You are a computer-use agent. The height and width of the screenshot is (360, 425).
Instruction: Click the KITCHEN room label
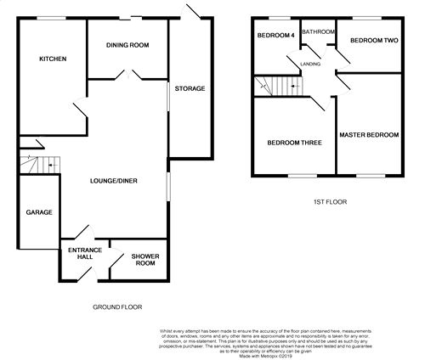tap(53, 59)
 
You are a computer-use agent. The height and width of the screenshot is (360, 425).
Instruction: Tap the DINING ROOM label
tap(128, 46)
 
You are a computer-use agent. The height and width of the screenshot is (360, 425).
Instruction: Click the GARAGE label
tap(39, 211)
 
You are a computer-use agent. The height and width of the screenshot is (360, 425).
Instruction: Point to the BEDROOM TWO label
tap(375, 40)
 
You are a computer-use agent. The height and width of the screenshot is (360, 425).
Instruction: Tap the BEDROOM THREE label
tap(293, 143)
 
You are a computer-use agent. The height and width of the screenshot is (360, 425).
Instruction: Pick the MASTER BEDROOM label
tap(368, 134)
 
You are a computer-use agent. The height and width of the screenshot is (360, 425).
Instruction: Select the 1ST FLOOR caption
tap(325, 202)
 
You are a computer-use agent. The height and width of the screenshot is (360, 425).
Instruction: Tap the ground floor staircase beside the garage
tap(39, 163)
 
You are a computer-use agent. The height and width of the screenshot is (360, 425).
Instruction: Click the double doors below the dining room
tap(127, 76)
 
